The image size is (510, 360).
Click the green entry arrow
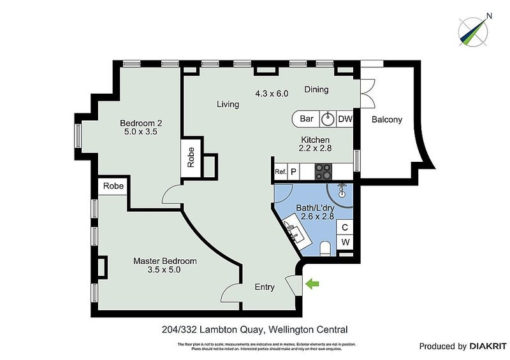click(x=312, y=284)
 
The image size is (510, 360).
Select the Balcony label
click(x=387, y=119)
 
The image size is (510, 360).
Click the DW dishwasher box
click(x=345, y=119)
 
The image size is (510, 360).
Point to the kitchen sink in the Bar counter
click(x=328, y=119)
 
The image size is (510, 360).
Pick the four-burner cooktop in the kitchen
click(x=323, y=171)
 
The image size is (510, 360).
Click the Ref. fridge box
click(x=280, y=171)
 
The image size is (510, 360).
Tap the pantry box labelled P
click(x=294, y=171)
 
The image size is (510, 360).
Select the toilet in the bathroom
click(x=325, y=247)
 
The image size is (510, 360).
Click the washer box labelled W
click(x=345, y=242)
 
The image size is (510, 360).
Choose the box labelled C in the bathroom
click(x=345, y=227)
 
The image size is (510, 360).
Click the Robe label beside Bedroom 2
click(x=191, y=157)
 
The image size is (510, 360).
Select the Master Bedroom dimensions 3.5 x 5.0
click(x=164, y=270)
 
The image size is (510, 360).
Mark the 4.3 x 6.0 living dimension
click(x=272, y=93)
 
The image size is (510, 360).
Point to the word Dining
click(x=316, y=90)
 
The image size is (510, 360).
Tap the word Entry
click(x=265, y=287)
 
